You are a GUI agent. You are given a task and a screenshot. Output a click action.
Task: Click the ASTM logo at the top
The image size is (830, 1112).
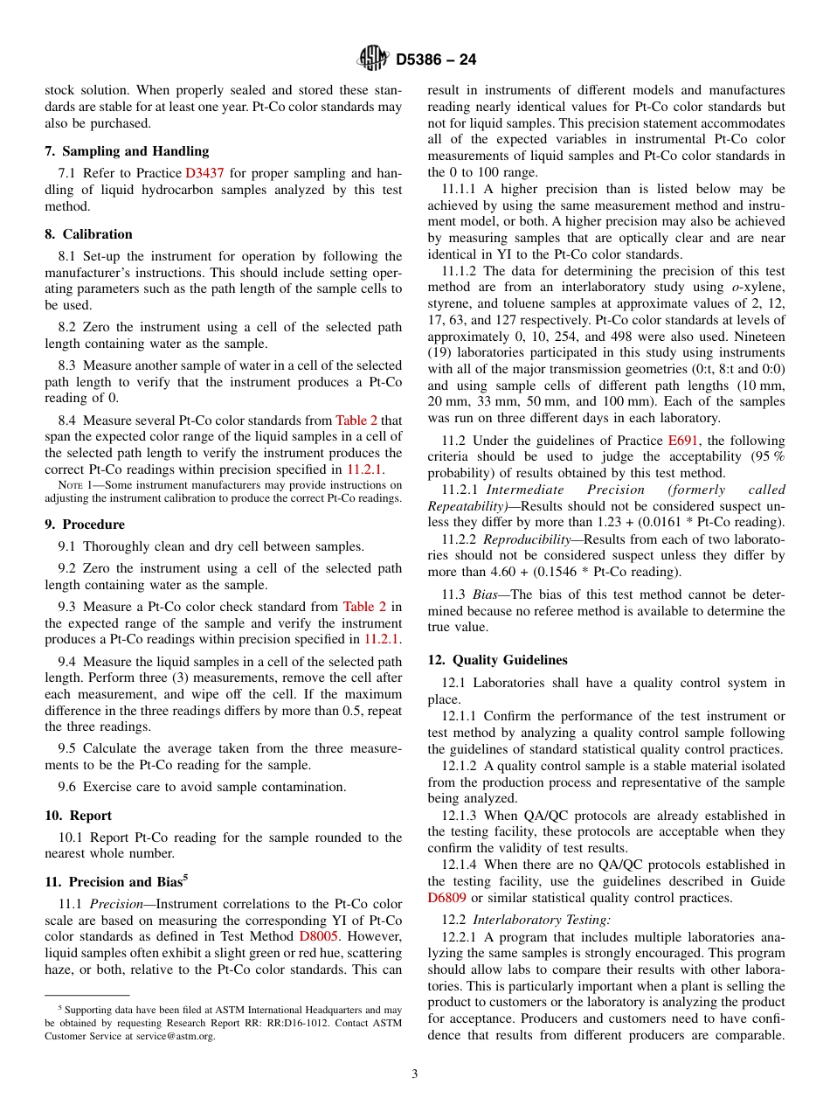[x=373, y=59]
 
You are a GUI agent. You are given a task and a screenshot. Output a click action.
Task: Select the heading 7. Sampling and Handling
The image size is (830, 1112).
[x=127, y=151]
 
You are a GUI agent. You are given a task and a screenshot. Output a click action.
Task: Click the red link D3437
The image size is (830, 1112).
[x=204, y=173]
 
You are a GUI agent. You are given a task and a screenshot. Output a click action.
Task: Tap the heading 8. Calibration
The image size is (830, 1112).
[x=88, y=234]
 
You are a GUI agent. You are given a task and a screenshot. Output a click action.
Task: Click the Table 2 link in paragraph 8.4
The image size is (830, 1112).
[x=356, y=420]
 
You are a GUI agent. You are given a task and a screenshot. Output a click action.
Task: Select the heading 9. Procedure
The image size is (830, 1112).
[x=85, y=525]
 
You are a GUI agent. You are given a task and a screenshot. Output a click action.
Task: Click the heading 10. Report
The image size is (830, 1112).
[x=79, y=816]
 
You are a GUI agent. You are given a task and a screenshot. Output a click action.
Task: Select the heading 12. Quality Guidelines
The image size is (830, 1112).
[x=497, y=660]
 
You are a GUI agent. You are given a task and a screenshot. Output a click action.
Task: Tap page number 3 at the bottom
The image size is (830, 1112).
[x=415, y=1074]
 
